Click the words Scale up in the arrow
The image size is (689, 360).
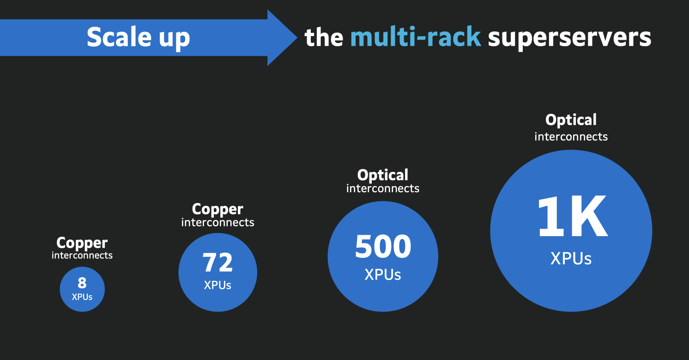[138, 37]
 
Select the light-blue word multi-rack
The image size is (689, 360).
[416, 37]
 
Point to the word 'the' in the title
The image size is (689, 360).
[324, 37]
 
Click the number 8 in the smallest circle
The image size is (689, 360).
[82, 283]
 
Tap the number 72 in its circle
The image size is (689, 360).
[218, 262]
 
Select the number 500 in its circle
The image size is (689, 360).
[383, 247]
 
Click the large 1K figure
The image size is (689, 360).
[571, 218]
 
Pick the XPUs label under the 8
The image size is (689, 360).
[82, 297]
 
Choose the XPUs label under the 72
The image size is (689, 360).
[218, 285]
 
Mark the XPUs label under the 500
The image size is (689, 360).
[383, 275]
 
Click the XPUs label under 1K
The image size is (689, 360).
[571, 258]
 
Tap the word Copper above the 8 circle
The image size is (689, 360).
[82, 243]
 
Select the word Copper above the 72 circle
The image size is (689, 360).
[218, 209]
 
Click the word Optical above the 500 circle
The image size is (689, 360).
[383, 175]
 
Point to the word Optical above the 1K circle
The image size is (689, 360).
[571, 120]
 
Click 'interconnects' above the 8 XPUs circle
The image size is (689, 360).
[82, 255]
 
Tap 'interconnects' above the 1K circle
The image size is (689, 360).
[571, 137]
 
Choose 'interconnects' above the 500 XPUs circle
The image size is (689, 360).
[383, 189]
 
